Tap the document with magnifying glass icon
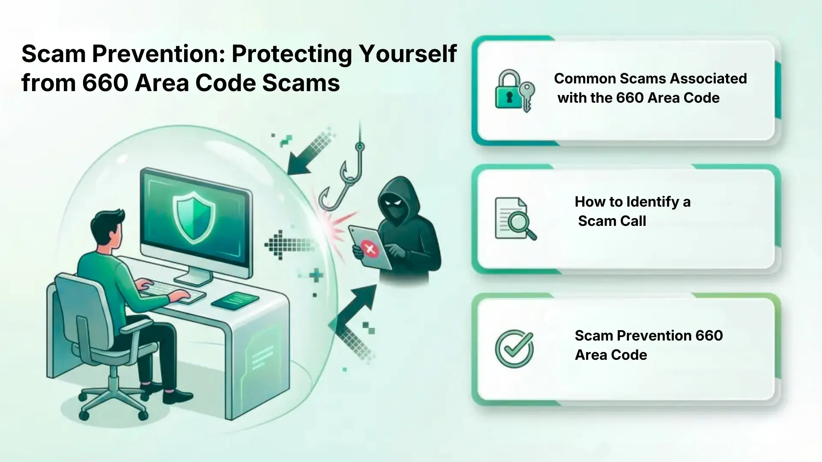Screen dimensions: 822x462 point(515,219)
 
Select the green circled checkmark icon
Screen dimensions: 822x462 point(514,348)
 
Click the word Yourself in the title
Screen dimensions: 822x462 point(408,54)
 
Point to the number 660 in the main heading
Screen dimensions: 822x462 point(105,83)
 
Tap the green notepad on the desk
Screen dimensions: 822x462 point(235,301)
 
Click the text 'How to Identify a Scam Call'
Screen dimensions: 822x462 point(632,211)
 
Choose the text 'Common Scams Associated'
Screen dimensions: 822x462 point(650,79)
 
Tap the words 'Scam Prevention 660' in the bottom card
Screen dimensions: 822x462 point(649,335)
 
